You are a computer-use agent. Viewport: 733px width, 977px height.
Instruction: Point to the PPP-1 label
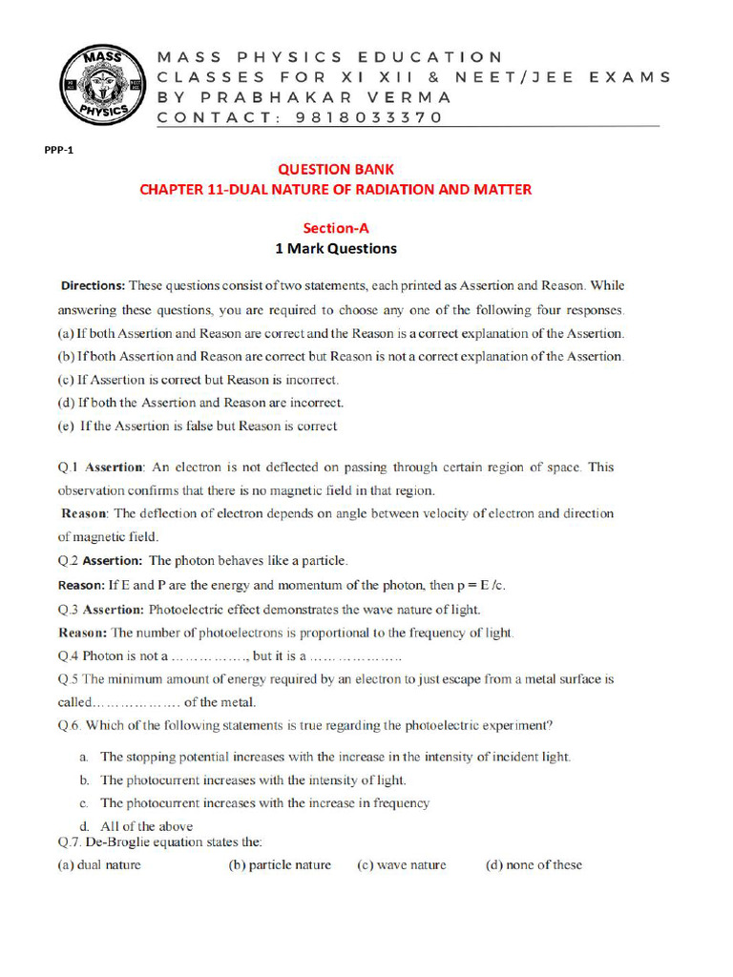[59, 151]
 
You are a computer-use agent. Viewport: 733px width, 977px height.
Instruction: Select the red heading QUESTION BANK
[335, 169]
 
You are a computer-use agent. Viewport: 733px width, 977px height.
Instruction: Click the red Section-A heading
[335, 228]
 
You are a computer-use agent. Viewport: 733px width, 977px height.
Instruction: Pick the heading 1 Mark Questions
[335, 249]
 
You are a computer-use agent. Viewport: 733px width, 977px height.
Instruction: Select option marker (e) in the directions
[67, 426]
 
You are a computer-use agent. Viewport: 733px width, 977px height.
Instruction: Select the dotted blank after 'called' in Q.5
[137, 703]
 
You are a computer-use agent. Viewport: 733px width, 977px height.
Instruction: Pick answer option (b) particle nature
[280, 865]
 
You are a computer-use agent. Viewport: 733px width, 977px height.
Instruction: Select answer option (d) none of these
[534, 865]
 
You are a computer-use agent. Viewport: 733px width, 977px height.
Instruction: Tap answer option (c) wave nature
[402, 865]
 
